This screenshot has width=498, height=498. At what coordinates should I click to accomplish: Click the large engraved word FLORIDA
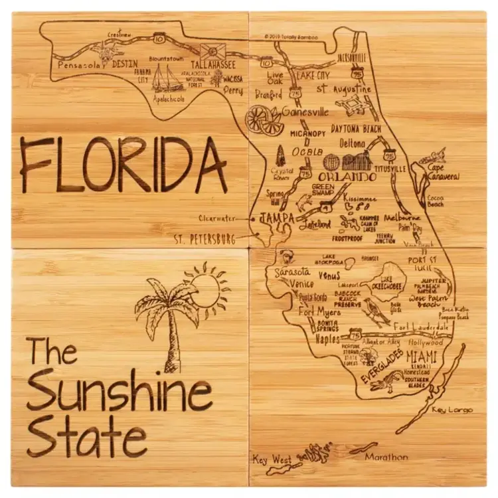click(x=124, y=165)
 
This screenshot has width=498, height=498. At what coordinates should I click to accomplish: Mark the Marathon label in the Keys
click(x=386, y=457)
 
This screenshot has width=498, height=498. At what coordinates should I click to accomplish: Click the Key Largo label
click(x=452, y=410)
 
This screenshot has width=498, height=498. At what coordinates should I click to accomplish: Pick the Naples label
click(x=309, y=339)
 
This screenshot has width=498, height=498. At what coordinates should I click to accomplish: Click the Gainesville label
click(x=305, y=112)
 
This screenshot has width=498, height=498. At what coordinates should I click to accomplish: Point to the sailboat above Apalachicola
click(x=167, y=79)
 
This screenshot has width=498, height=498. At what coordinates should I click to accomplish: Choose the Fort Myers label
click(x=319, y=311)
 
